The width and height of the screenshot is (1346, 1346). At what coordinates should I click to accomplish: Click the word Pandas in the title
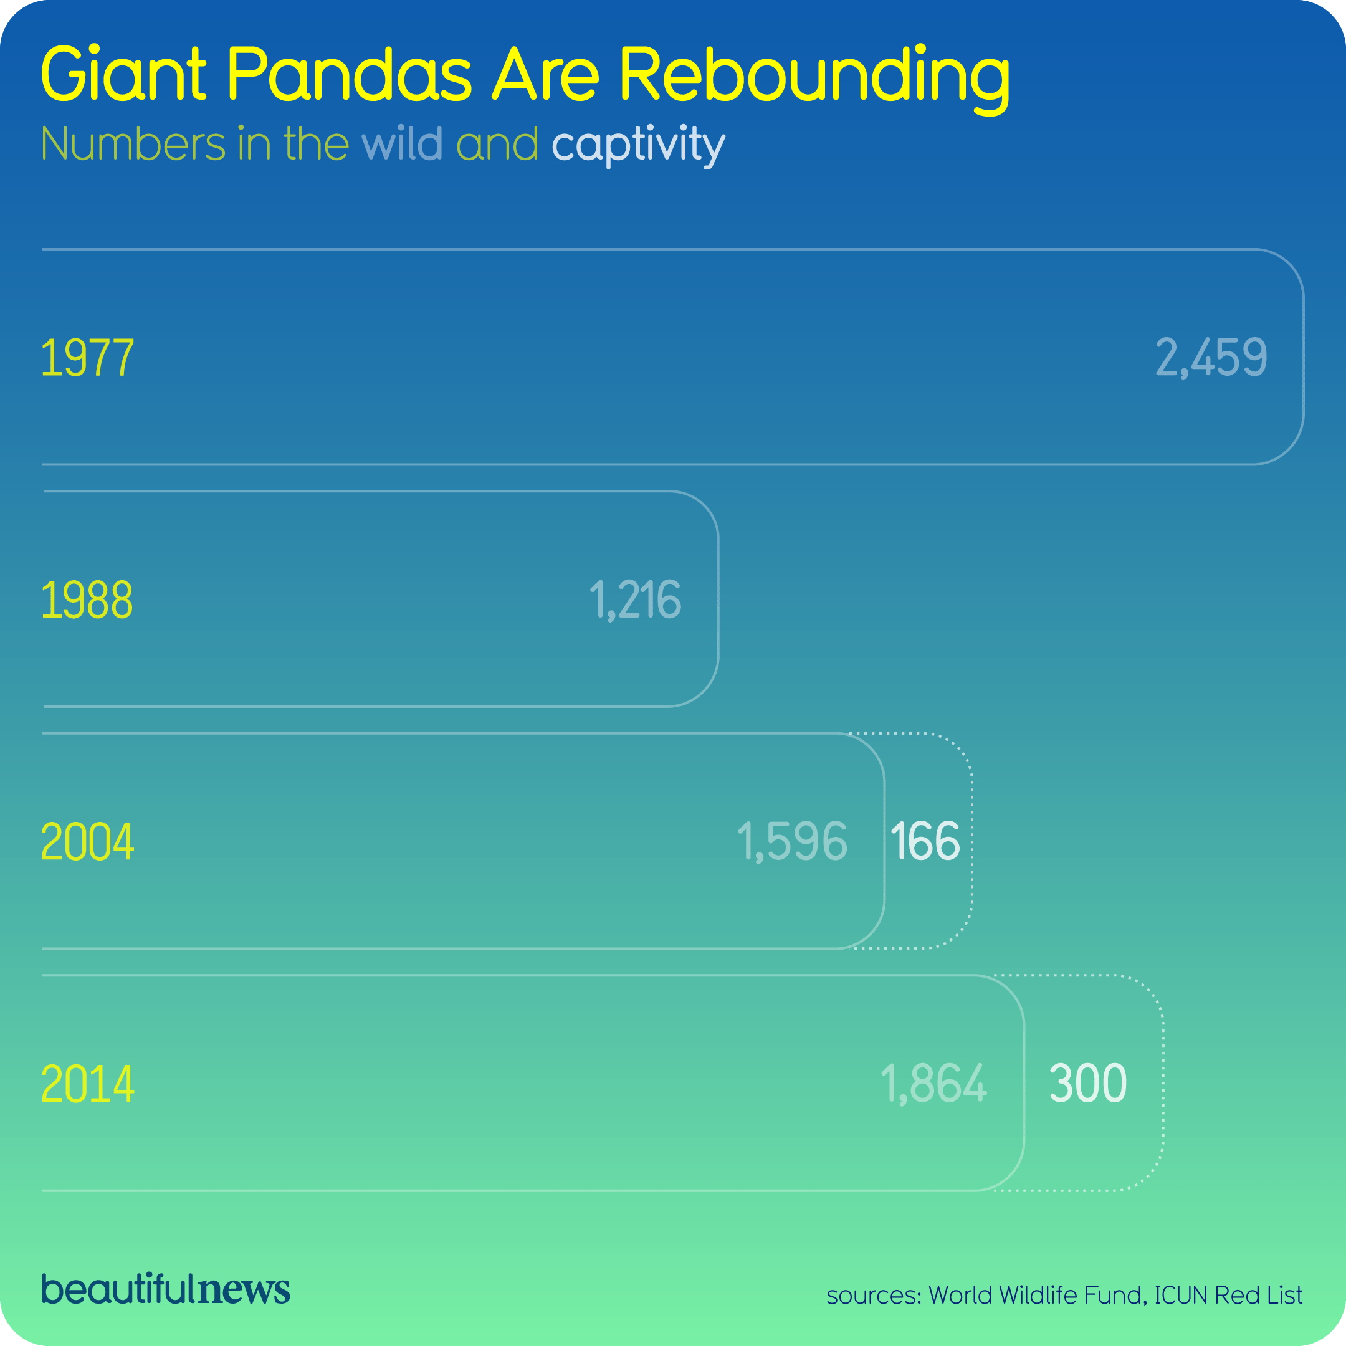[x=350, y=74]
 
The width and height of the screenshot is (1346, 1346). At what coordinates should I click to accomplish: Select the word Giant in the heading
[x=123, y=74]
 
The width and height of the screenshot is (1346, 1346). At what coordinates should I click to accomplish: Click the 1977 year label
[x=87, y=358]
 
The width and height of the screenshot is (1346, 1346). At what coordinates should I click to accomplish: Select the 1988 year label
[x=87, y=600]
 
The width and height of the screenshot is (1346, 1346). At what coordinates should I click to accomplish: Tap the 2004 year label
[x=87, y=842]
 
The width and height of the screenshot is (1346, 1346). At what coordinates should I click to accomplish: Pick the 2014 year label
[x=87, y=1084]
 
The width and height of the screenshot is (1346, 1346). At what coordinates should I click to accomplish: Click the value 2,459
[x=1211, y=358]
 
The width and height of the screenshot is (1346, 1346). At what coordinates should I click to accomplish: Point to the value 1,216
[x=635, y=600]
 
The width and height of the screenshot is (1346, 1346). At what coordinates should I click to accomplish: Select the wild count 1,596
[x=792, y=842]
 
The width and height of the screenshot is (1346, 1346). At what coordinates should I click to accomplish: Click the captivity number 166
[x=925, y=842]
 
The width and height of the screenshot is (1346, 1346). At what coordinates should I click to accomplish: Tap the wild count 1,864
[x=933, y=1084]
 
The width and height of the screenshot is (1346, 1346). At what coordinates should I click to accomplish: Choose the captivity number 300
[x=1087, y=1084]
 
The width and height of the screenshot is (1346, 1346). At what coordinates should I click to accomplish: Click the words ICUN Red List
[x=1228, y=1295]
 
